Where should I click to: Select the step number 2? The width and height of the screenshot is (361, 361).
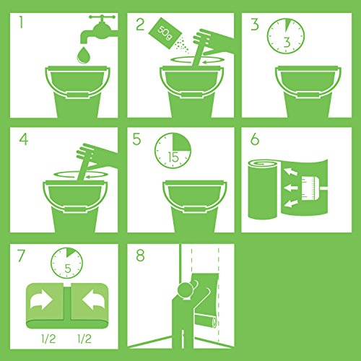[x=139, y=27]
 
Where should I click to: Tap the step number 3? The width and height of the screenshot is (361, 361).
[x=253, y=27]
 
